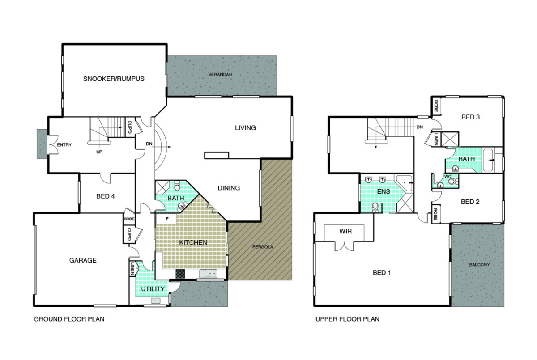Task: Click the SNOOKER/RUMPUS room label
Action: (x=114, y=79)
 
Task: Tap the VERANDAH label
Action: (x=220, y=75)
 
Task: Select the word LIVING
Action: (x=245, y=127)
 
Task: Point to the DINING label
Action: (x=229, y=188)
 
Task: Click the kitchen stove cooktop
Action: (x=180, y=274)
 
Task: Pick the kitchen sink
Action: (x=208, y=274)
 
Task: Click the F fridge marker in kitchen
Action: (x=167, y=219)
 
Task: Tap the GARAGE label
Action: (x=83, y=260)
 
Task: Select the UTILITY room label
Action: (x=153, y=289)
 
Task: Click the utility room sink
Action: (x=156, y=301)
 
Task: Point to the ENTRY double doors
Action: (x=53, y=144)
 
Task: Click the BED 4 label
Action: (x=106, y=196)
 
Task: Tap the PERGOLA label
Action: (x=263, y=247)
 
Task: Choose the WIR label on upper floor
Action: (x=345, y=231)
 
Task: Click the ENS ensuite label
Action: (x=384, y=191)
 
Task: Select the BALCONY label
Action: (x=479, y=265)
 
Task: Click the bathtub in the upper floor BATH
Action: (x=488, y=160)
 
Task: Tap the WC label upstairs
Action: (x=447, y=177)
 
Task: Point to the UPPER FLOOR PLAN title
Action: (x=347, y=319)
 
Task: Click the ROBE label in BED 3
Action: (x=436, y=106)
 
